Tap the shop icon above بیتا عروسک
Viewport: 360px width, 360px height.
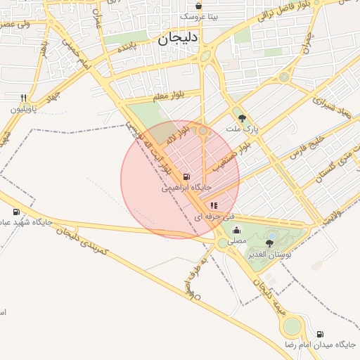(x=199, y=6)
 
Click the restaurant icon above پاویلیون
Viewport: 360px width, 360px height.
(x=23, y=98)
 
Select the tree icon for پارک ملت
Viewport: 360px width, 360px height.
(x=243, y=119)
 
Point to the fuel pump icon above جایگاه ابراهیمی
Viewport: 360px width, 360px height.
(x=186, y=177)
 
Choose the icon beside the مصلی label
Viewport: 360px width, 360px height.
(x=237, y=230)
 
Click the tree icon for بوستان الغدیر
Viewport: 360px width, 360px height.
(x=269, y=243)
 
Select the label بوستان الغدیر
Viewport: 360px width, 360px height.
(x=269, y=254)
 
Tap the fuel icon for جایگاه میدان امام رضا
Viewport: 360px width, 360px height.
(x=321, y=334)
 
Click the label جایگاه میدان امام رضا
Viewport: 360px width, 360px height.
(x=321, y=345)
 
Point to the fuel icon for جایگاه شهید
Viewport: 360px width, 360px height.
(x=17, y=212)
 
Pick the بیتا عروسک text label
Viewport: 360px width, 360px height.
(x=199, y=15)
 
